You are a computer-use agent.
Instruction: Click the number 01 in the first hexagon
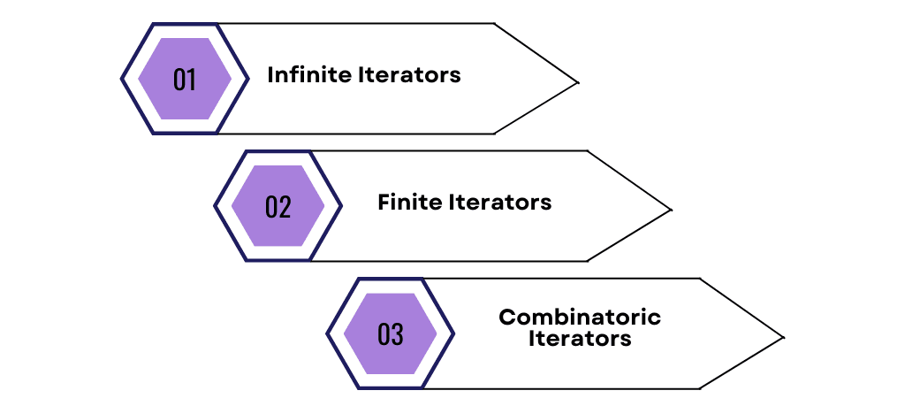[185, 80]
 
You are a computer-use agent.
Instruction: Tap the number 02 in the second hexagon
[278, 207]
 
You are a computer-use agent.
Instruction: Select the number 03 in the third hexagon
[390, 334]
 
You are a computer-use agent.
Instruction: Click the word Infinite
[308, 75]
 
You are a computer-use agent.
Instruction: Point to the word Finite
[409, 203]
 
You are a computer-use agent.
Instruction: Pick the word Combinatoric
[579, 317]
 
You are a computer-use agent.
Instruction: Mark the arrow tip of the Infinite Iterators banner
[577, 83]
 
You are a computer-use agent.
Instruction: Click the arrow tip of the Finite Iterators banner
[671, 210]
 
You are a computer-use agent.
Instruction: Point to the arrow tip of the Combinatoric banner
[783, 337]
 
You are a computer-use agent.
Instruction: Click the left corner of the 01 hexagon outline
[122, 79]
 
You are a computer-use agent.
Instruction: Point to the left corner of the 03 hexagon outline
[327, 333]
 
